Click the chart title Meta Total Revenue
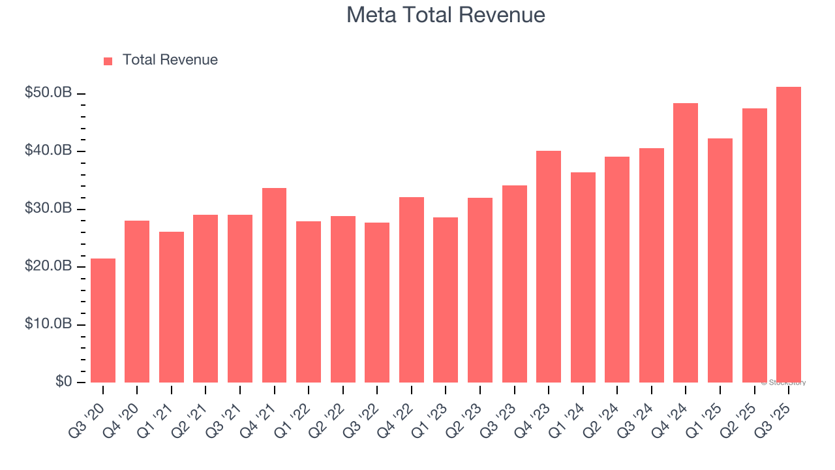click(446, 14)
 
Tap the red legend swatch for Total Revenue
click(108, 61)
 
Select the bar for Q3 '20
click(103, 321)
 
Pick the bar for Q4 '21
click(274, 285)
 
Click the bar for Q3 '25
click(789, 235)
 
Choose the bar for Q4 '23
click(549, 266)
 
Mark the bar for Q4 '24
click(686, 243)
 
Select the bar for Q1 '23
click(446, 300)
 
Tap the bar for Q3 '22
click(377, 302)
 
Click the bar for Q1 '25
click(720, 260)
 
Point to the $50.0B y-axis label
click(48, 93)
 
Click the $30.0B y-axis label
click(48, 209)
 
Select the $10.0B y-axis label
click(48, 324)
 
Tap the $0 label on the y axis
click(63, 382)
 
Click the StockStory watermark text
click(783, 383)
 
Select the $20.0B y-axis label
click(48, 267)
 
